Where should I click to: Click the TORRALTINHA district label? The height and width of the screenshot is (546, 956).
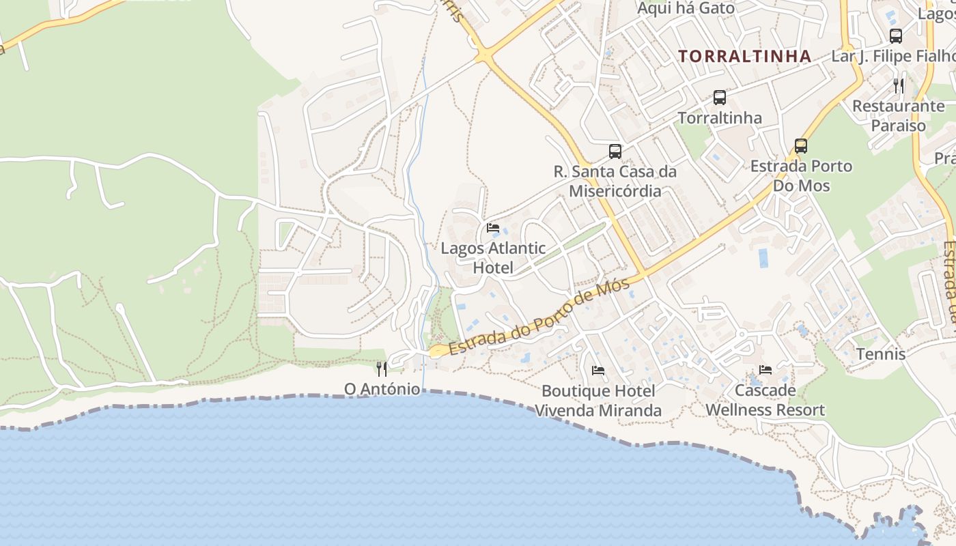pyautogui.click(x=745, y=56)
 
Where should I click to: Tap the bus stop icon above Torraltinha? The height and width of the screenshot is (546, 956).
pyautogui.click(x=720, y=97)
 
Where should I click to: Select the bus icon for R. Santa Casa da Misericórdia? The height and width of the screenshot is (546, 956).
pyautogui.click(x=615, y=151)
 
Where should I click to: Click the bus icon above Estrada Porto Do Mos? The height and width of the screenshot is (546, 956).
pyautogui.click(x=801, y=145)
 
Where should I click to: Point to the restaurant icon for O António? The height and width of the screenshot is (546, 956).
pyautogui.click(x=382, y=369)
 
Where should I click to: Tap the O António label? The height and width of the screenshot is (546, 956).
pyautogui.click(x=382, y=389)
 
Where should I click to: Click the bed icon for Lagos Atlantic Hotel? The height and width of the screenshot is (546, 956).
pyautogui.click(x=493, y=227)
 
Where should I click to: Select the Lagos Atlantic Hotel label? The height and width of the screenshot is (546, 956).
pyautogui.click(x=493, y=257)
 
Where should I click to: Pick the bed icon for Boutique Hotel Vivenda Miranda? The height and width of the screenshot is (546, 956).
pyautogui.click(x=598, y=370)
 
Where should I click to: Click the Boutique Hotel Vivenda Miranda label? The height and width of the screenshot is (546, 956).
pyautogui.click(x=598, y=401)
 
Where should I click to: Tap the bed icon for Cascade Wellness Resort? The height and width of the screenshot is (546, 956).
pyautogui.click(x=765, y=370)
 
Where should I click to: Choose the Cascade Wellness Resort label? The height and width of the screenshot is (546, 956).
pyautogui.click(x=765, y=400)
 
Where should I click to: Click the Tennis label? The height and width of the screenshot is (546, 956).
pyautogui.click(x=881, y=354)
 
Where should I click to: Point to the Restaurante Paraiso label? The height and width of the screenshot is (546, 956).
pyautogui.click(x=899, y=115)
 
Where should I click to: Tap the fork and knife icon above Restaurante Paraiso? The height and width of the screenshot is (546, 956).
pyautogui.click(x=899, y=85)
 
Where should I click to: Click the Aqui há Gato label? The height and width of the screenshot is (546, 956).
pyautogui.click(x=686, y=8)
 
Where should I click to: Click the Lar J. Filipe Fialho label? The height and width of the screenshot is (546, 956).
pyautogui.click(x=893, y=56)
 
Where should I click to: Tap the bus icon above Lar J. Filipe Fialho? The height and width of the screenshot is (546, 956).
pyautogui.click(x=896, y=36)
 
